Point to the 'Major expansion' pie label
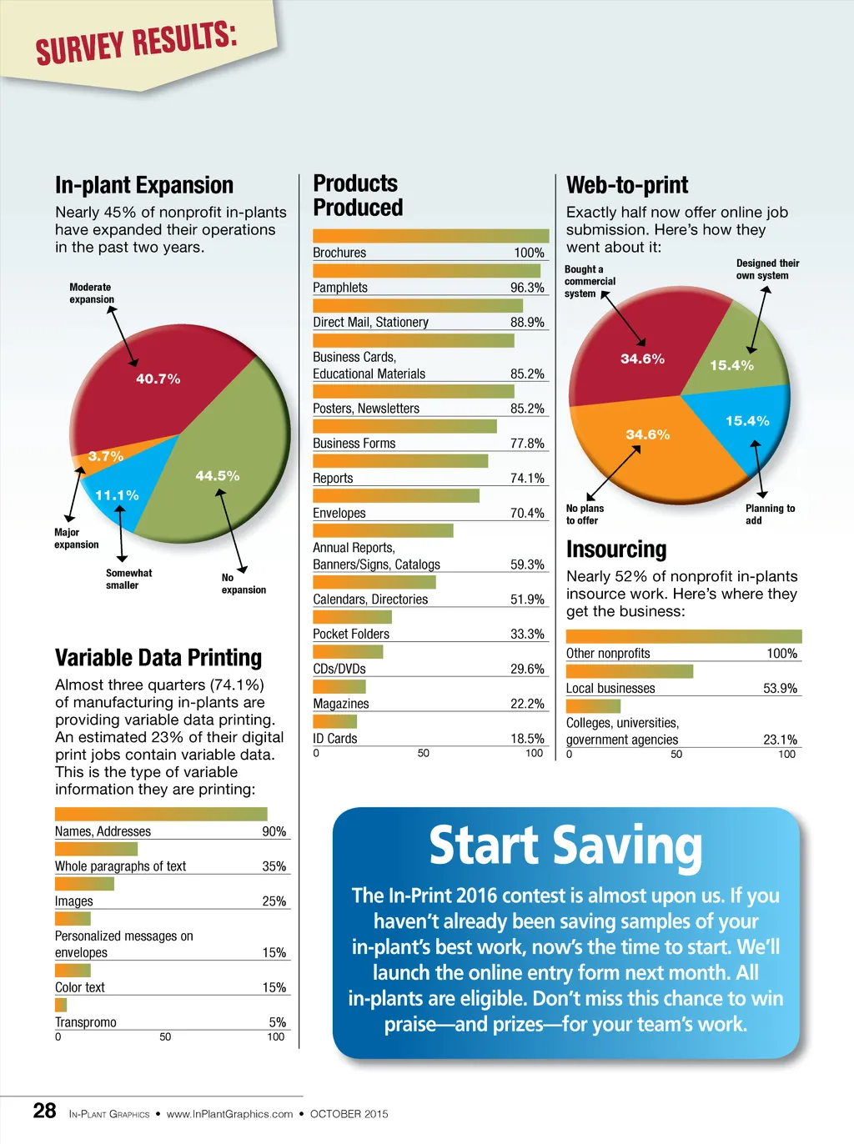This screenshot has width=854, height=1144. point(76,539)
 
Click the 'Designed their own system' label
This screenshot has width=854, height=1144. point(767,269)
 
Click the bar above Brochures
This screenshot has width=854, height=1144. point(430,236)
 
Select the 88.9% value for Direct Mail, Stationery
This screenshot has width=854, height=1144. point(527,323)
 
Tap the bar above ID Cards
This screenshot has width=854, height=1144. point(334,721)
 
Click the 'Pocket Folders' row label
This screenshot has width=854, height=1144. point(351,635)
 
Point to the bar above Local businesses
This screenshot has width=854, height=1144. point(629,671)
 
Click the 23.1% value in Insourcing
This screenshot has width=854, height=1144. point(780,740)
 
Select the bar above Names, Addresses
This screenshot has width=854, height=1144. point(161,814)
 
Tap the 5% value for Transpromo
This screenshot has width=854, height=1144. point(277,1022)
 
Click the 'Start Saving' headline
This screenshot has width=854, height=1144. point(565,846)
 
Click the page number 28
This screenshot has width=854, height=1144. point(44,1111)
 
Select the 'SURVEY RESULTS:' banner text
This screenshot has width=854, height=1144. point(137,44)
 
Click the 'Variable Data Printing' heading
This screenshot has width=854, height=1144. point(158,658)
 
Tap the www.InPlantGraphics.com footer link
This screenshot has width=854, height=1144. point(229,1114)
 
